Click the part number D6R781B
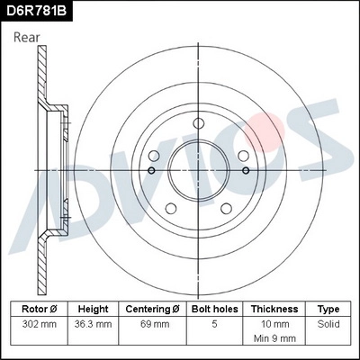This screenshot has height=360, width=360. (37, 12)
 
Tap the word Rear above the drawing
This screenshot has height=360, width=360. (28, 38)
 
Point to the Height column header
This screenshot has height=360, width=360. (94, 308)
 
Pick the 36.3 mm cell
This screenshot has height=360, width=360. (94, 322)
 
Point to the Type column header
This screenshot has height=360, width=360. (328, 308)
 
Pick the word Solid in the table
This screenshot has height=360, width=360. (328, 322)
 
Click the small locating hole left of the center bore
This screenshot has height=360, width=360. (151, 170)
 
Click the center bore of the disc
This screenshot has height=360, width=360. (198, 169)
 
